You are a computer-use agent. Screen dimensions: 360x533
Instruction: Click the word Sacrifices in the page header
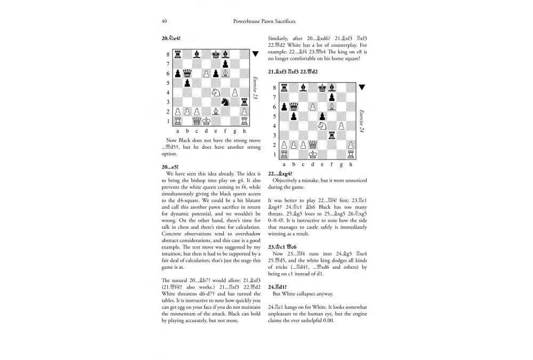tap(283, 21)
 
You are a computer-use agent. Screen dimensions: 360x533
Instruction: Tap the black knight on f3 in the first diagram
tap(225, 102)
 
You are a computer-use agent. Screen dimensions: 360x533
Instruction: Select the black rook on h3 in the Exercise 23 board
tap(244, 102)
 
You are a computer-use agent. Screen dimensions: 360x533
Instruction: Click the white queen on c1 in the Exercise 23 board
tap(196, 121)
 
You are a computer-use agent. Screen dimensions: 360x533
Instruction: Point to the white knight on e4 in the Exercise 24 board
tap(322, 126)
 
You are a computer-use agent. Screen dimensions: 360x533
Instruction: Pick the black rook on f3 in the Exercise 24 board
tap(332, 135)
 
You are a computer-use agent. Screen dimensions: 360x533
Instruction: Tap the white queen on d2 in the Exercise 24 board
tap(312, 145)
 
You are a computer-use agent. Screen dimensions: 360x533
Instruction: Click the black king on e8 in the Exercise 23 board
tap(215, 54)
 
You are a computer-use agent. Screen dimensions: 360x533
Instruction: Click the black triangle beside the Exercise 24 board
tap(361, 87)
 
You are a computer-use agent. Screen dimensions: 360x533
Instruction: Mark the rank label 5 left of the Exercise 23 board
tap(168, 83)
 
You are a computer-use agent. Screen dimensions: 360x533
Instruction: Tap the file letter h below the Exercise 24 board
tap(351, 164)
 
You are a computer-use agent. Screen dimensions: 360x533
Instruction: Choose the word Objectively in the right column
tap(287, 181)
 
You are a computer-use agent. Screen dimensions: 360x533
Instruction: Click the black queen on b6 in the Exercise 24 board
tap(293, 107)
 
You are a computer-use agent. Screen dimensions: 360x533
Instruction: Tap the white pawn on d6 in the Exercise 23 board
tap(206, 73)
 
